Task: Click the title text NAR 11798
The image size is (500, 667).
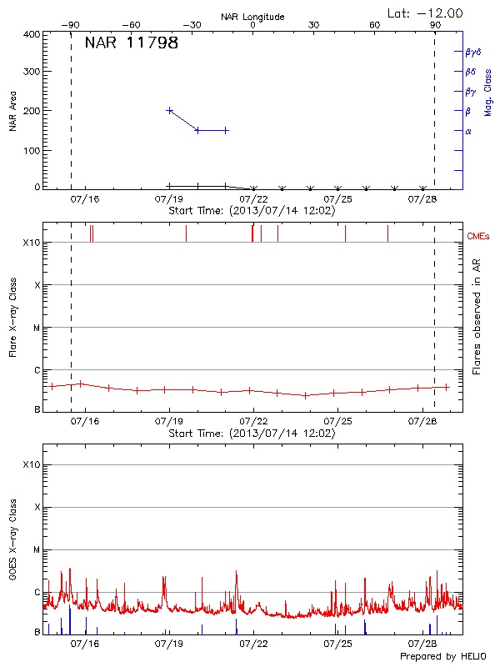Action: tap(131, 43)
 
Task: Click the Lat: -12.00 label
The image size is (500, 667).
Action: tap(426, 13)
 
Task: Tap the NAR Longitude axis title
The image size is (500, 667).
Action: tap(252, 16)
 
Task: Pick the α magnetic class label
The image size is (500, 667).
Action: tap(468, 131)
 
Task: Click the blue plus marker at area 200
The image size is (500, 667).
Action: tap(170, 110)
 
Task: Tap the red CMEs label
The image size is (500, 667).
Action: tap(477, 237)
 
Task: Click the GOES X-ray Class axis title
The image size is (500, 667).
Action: tap(12, 546)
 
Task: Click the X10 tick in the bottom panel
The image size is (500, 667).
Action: tap(31, 464)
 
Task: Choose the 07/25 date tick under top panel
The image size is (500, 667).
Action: tap(338, 199)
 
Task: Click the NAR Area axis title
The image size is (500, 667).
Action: tap(12, 112)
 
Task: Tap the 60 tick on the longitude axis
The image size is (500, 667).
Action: tap(375, 25)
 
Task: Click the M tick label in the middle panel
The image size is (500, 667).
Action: tap(36, 328)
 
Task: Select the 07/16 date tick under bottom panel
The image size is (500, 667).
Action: tap(85, 644)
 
